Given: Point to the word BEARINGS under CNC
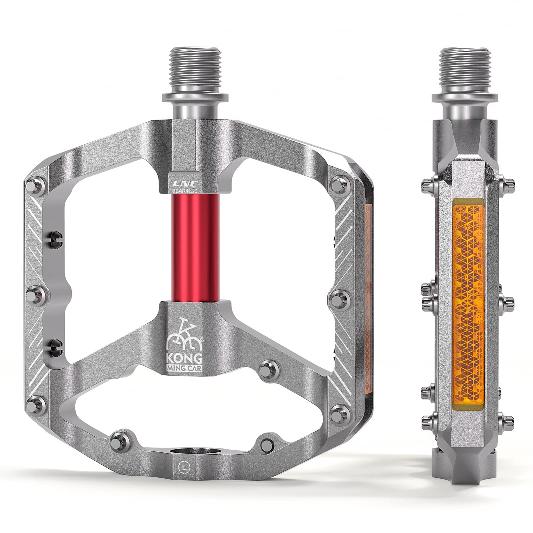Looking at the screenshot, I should pyautogui.click(x=184, y=190).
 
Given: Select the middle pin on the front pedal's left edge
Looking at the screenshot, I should pyautogui.click(x=34, y=295).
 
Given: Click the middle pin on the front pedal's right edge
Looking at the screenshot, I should pyautogui.click(x=339, y=295).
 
